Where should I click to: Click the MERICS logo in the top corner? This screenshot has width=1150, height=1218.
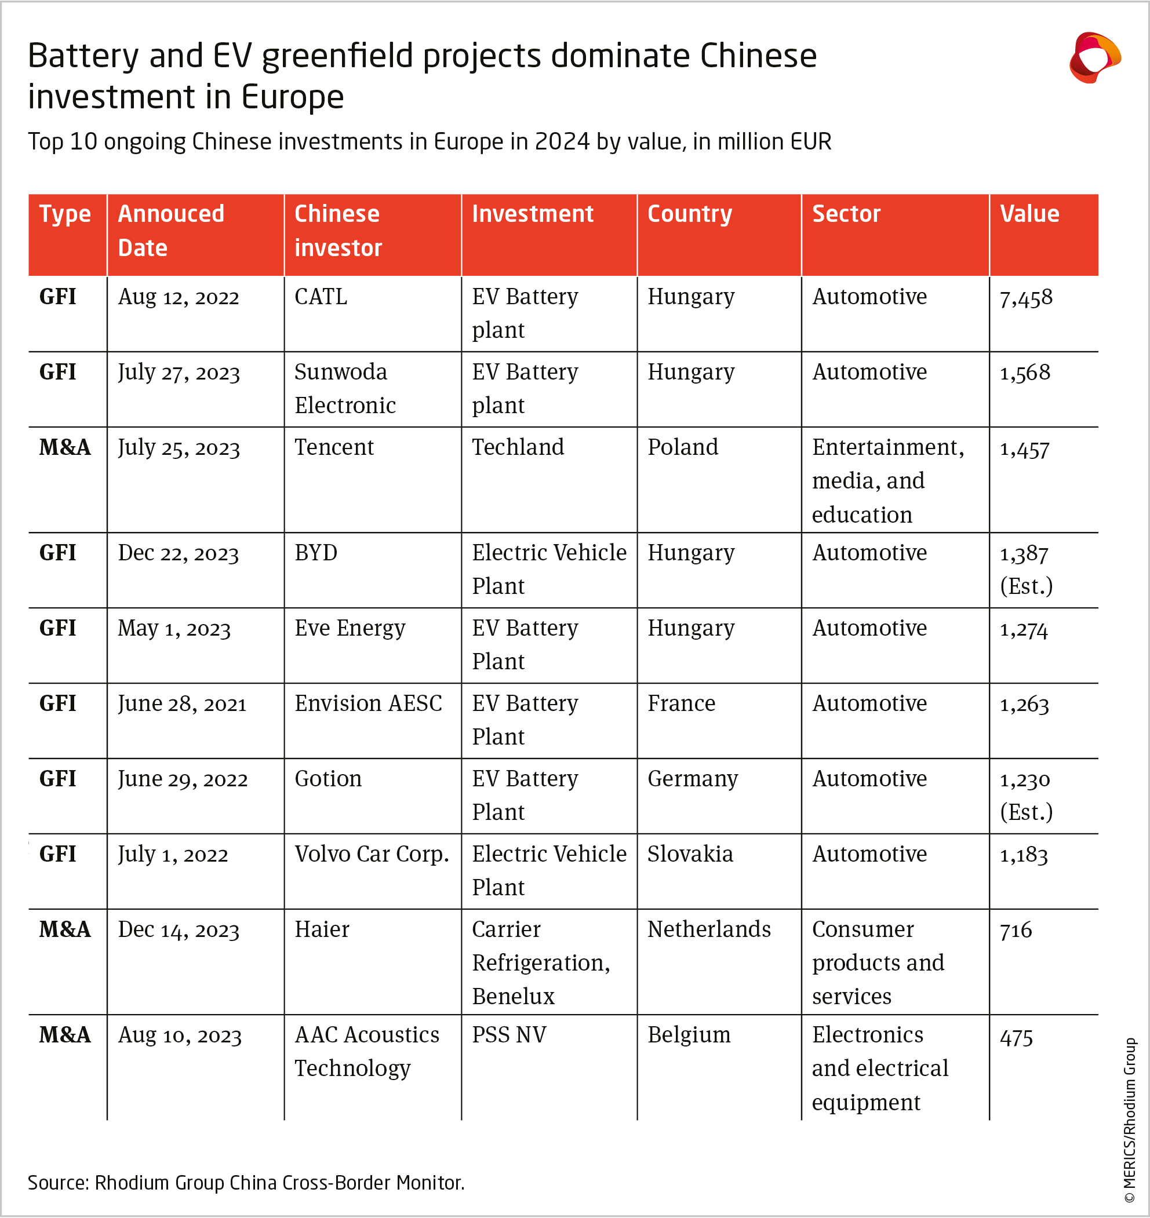click(x=1095, y=57)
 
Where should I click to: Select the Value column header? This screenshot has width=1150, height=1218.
click(x=1029, y=214)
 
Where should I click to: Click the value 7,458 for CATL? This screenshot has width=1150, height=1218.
click(x=1025, y=298)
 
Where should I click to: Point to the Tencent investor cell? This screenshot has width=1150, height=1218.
click(x=334, y=447)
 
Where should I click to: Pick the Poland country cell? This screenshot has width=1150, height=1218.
click(x=683, y=447)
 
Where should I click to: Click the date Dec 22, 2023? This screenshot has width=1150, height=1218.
click(x=179, y=553)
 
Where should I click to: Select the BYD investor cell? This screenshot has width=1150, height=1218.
click(x=316, y=553)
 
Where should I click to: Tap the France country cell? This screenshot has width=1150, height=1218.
click(x=681, y=703)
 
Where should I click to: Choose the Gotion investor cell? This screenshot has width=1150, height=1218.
click(x=328, y=779)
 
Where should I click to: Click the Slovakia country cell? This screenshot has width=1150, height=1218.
click(x=690, y=854)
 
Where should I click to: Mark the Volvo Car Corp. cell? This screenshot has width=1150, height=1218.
click(x=372, y=854)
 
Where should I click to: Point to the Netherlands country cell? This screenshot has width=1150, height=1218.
click(x=709, y=929)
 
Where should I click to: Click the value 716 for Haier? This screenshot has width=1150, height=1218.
click(x=1016, y=930)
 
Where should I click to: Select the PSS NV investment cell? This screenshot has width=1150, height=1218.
click(x=509, y=1035)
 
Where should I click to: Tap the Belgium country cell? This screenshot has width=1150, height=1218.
click(x=689, y=1035)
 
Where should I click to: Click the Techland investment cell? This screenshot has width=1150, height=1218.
click(x=518, y=447)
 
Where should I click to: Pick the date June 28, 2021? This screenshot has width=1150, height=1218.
click(x=182, y=704)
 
